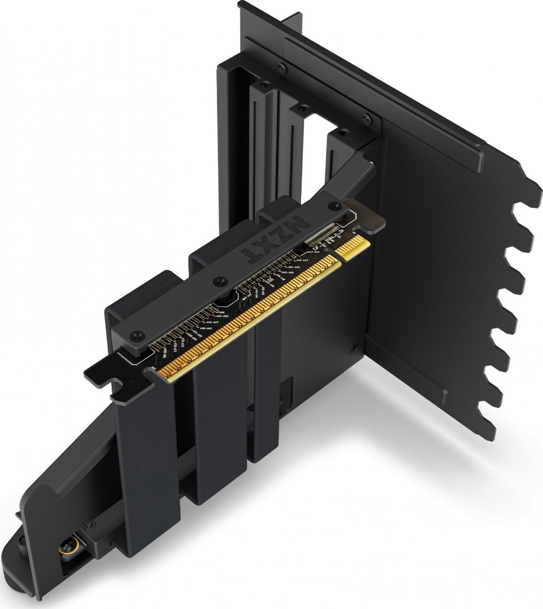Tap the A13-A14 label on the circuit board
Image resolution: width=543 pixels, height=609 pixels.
[313, 252]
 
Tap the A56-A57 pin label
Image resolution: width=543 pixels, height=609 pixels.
[211, 323]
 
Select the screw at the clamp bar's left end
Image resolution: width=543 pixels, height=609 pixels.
[132, 333]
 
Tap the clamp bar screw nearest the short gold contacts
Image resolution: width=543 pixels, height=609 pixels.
[331, 205]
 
